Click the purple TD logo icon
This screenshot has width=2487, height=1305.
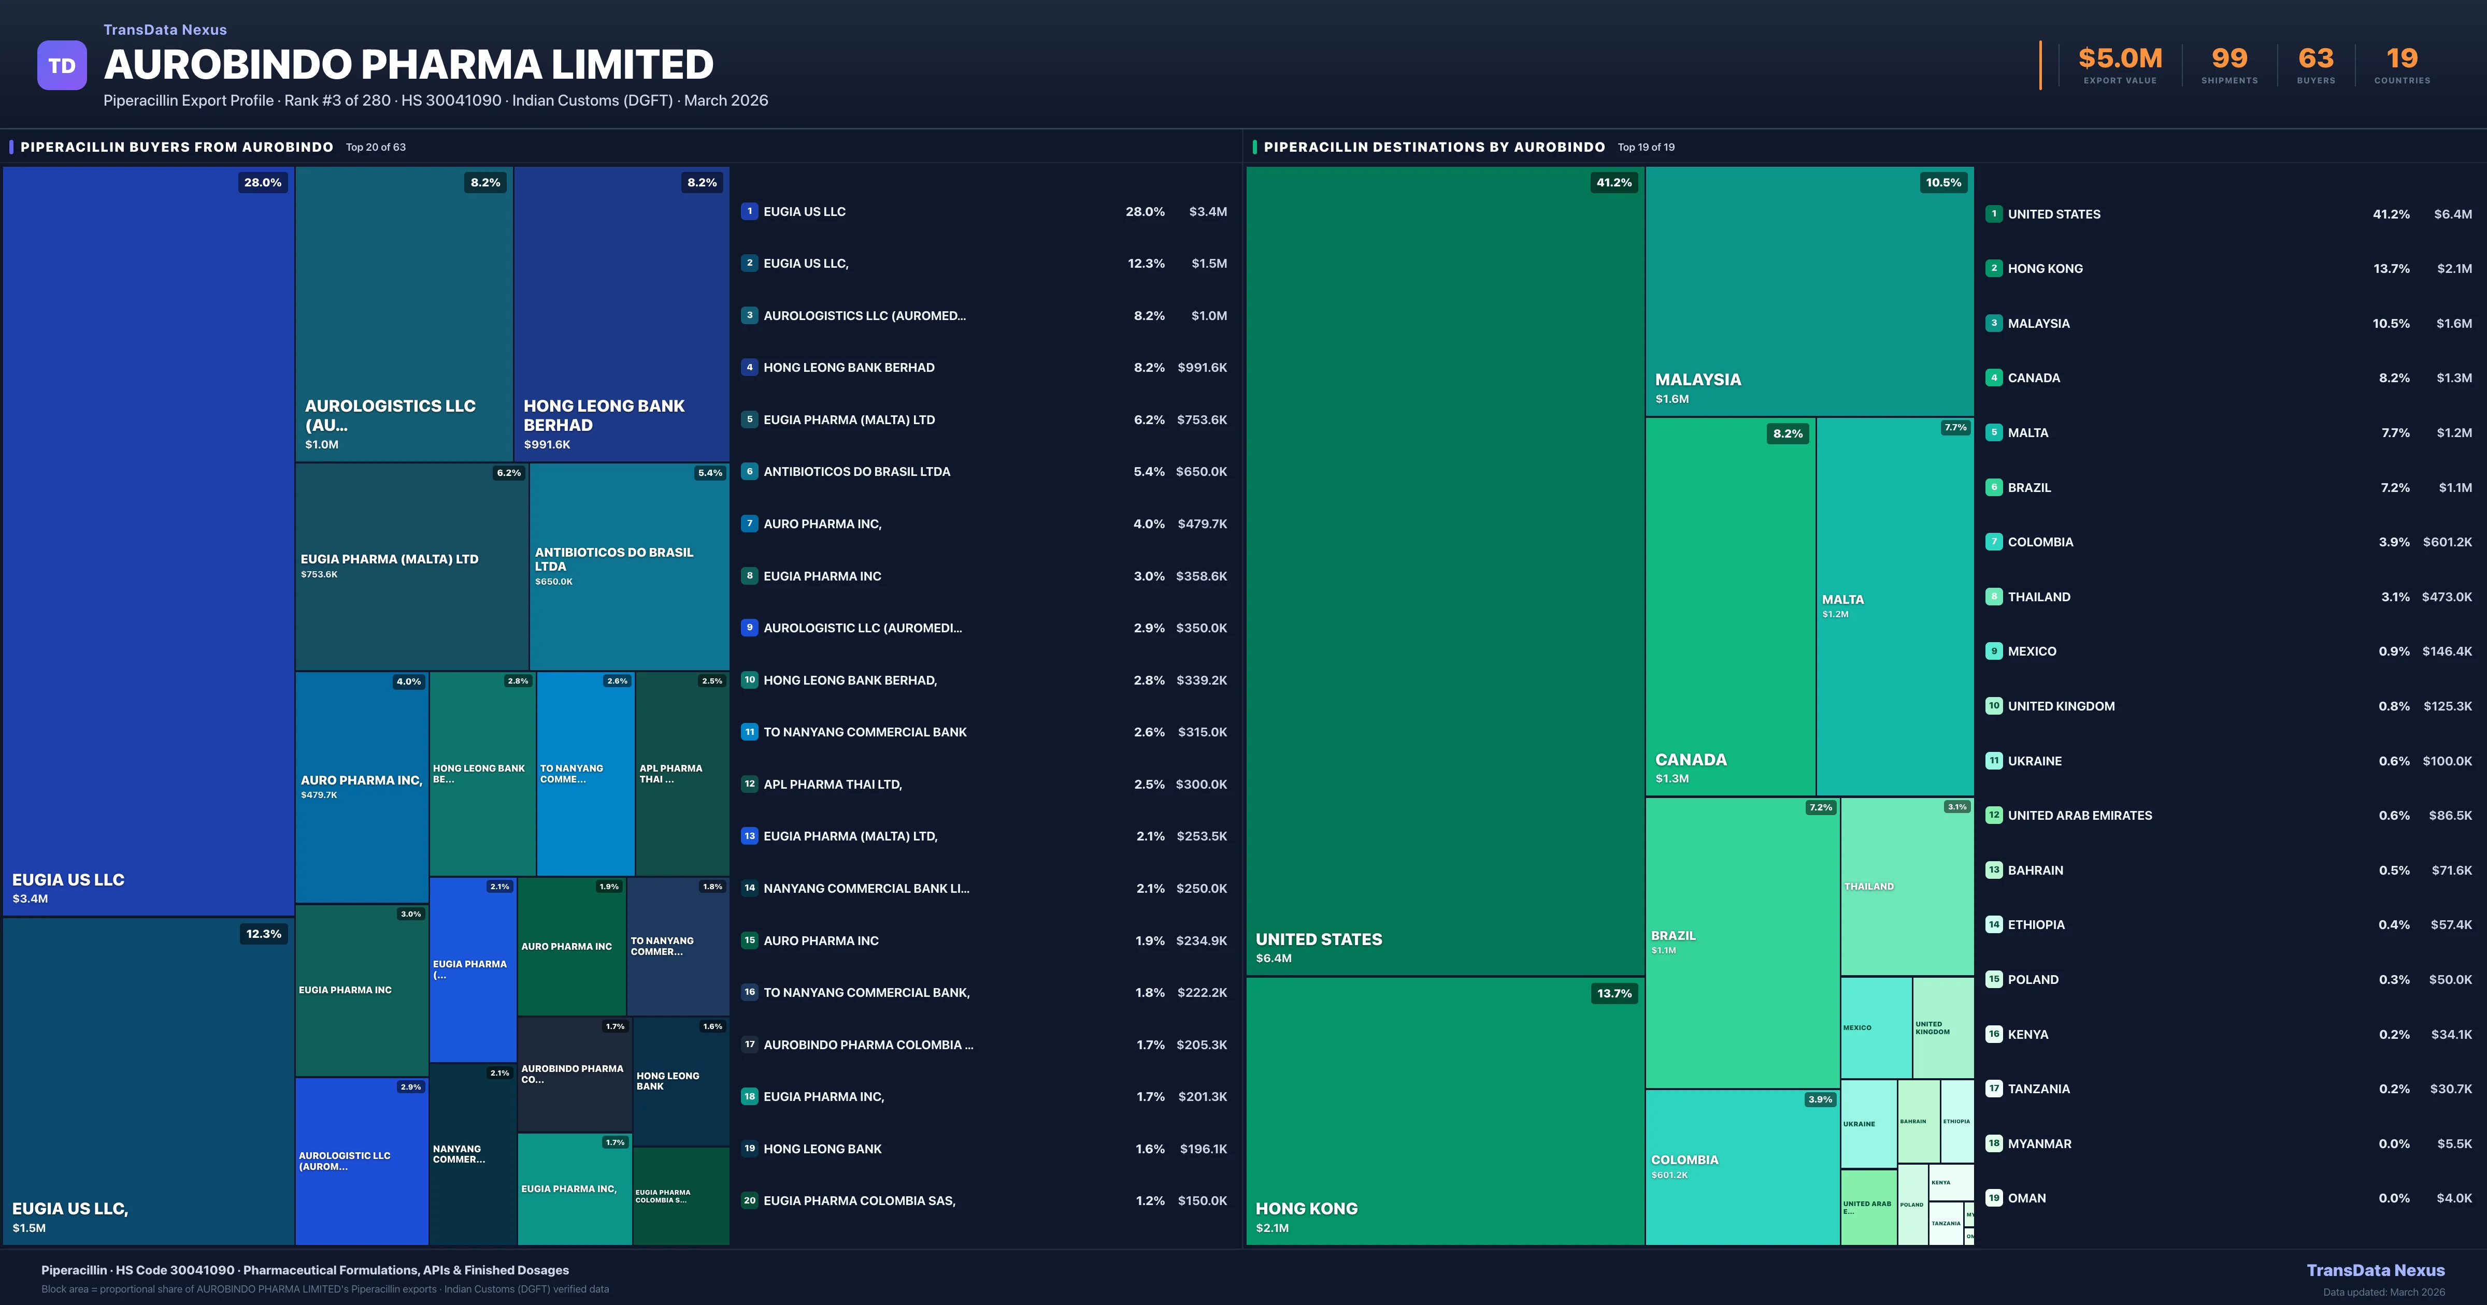click(62, 66)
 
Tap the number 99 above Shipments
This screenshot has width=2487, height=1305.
click(2229, 59)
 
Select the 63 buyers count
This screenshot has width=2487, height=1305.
click(2315, 59)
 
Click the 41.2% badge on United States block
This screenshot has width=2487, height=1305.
click(1613, 182)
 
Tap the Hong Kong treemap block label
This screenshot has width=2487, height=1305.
click(1306, 1209)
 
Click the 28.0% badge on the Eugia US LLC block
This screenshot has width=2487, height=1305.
click(263, 182)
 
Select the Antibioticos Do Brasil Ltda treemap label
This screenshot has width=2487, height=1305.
click(614, 559)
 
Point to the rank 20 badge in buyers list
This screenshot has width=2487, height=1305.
click(749, 1201)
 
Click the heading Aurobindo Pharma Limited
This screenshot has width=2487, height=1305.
click(408, 65)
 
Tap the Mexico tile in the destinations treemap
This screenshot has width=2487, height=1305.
click(1875, 1027)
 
